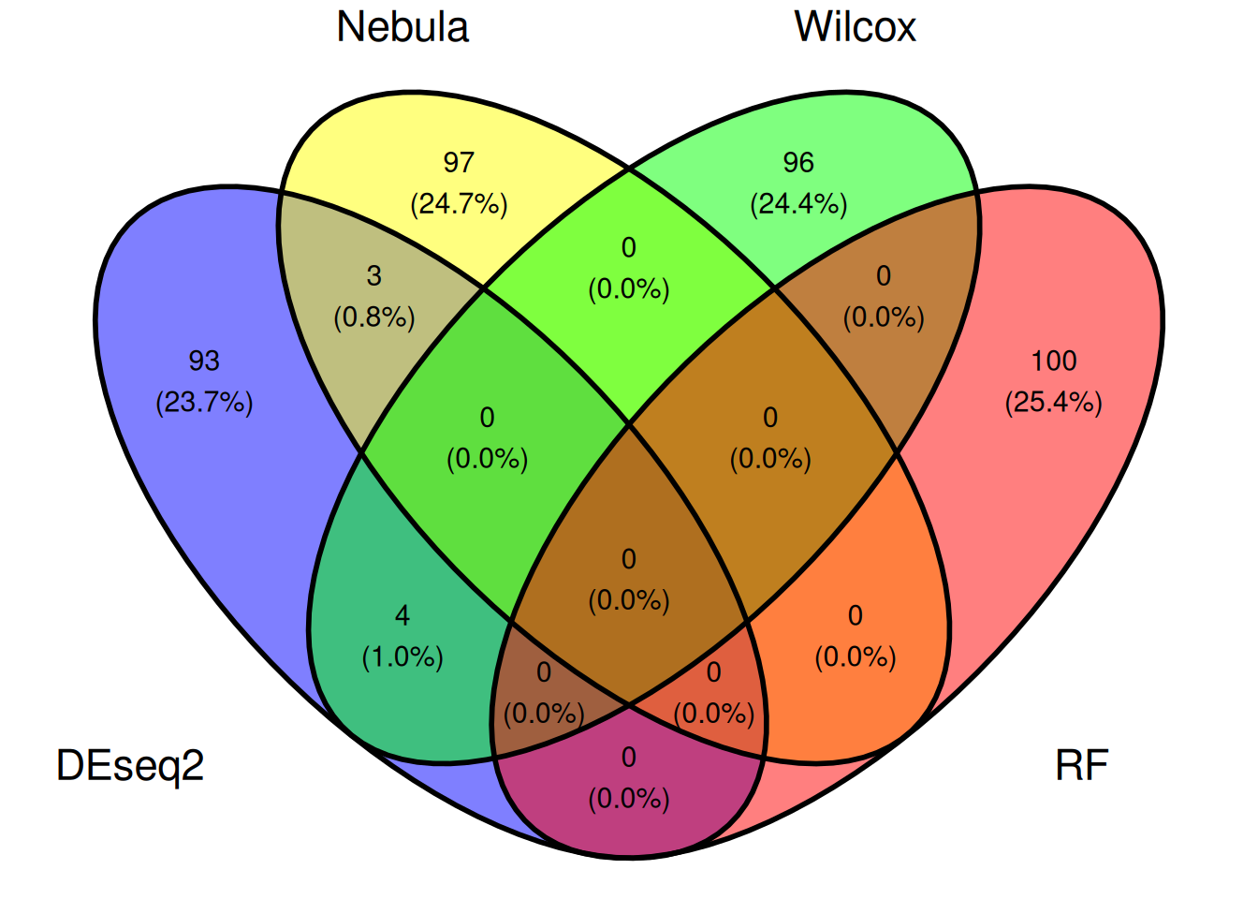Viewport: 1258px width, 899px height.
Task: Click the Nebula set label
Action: tap(402, 27)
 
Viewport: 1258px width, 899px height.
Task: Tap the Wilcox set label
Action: tap(855, 27)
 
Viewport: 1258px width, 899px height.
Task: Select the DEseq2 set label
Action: tap(130, 766)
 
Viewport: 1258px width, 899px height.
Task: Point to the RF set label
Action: tap(1082, 765)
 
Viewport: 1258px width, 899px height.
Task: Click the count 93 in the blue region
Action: tap(204, 361)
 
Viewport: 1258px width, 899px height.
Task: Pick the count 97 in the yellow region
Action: tap(459, 162)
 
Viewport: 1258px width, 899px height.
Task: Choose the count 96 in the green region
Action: tap(798, 162)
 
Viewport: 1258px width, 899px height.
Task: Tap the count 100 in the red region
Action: tap(1054, 361)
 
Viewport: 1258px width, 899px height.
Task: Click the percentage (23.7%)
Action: tap(204, 403)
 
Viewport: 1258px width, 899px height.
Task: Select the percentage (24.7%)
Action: tap(459, 204)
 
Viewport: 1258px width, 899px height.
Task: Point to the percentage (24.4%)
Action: tap(798, 204)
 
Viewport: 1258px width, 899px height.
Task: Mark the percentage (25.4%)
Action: tap(1054, 403)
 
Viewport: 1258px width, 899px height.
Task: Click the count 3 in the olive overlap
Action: tap(374, 276)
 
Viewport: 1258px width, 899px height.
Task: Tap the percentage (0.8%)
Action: tap(374, 317)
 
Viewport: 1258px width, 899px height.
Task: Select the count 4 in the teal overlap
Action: tap(402, 616)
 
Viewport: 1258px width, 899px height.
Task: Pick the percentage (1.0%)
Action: tap(402, 657)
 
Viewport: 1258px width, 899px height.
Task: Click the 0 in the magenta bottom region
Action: tap(628, 758)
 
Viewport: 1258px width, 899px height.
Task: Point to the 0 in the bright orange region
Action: tap(855, 616)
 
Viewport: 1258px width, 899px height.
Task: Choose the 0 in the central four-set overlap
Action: tap(628, 559)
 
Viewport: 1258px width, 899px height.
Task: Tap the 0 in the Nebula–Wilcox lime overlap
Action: tap(628, 248)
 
